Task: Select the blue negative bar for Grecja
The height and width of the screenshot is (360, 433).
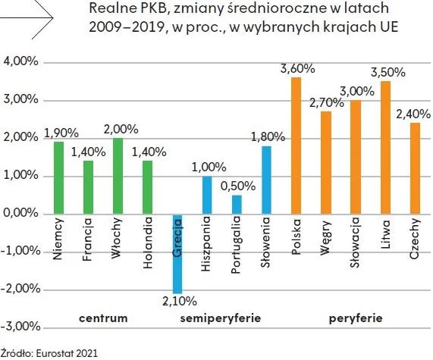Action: pos(177,254)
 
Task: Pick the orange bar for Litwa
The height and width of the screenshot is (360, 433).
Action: pos(385,148)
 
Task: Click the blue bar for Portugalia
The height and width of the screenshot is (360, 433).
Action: pos(237,205)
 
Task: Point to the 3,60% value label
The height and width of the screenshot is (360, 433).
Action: pos(297,70)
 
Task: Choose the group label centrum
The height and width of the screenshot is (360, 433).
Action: pos(102,318)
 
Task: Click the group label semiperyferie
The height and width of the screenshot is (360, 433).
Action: pos(221,318)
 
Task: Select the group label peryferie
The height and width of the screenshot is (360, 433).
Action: pos(356,318)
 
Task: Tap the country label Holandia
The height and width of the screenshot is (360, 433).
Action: pos(147,243)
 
